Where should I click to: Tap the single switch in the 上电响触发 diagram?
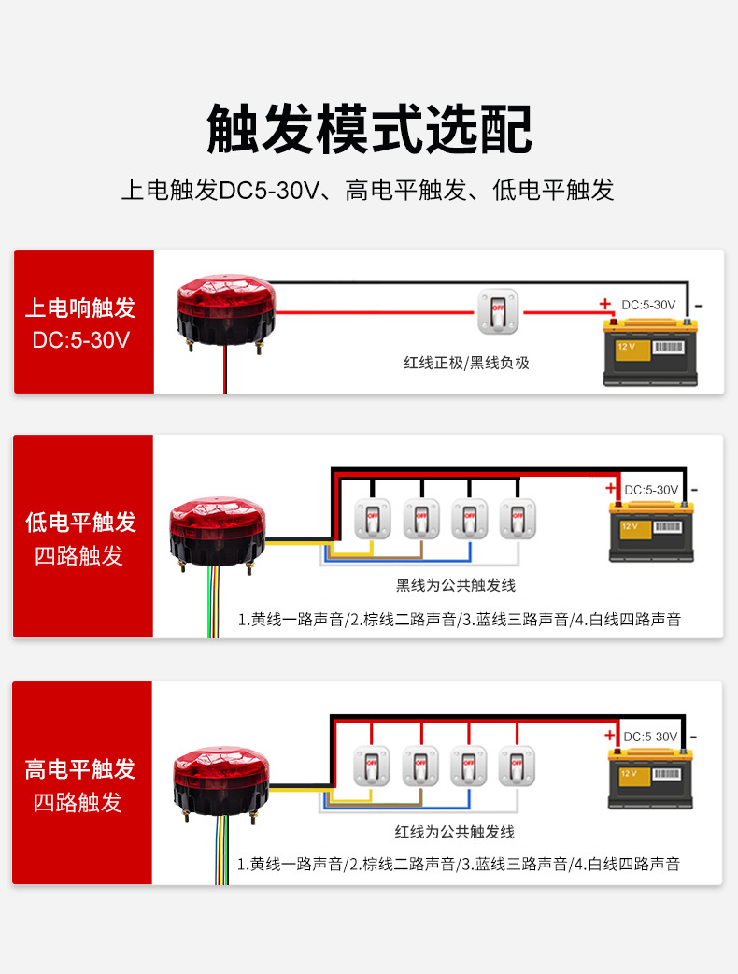[x=498, y=311]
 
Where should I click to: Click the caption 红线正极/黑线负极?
[x=466, y=363]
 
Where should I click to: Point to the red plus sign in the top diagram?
[x=605, y=304]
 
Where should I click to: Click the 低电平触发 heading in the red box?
[x=81, y=522]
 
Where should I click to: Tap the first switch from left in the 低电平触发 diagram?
[x=372, y=518]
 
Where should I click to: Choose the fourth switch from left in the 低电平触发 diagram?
[x=518, y=518]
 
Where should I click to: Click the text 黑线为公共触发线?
[x=456, y=585]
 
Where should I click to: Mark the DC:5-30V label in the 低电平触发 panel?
[x=651, y=490]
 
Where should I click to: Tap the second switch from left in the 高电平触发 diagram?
[x=419, y=766]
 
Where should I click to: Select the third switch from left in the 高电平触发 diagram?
[x=468, y=766]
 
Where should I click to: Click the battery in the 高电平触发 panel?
[x=650, y=778]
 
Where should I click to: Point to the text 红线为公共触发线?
[x=455, y=831]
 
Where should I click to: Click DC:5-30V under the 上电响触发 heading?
[x=81, y=339]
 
